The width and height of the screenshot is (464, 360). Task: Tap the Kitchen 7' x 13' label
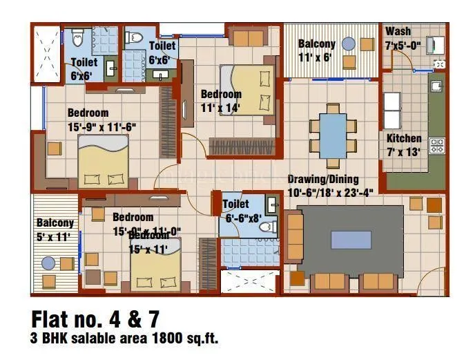tap(404, 144)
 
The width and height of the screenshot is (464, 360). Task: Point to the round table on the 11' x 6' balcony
tap(348, 44)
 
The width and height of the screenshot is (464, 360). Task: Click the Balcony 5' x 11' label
tap(55, 229)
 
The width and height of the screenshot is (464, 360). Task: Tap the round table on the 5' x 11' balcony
tap(48, 263)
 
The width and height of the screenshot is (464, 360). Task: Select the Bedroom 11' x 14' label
tap(221, 101)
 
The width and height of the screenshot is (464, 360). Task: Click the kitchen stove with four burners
tap(437, 145)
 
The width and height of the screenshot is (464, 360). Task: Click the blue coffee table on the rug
tap(349, 239)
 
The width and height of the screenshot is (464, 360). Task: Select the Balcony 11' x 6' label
tap(316, 50)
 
